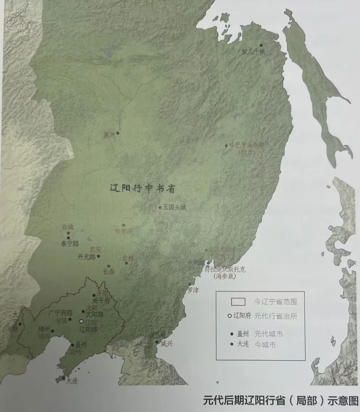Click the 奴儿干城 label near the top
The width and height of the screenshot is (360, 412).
coord(253,52)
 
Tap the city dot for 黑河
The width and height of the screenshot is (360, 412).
coord(118,133)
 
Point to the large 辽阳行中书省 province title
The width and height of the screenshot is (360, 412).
coord(142,189)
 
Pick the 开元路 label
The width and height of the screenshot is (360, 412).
coord(86,257)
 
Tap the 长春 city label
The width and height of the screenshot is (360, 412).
coord(109,271)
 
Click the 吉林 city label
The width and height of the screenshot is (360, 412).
coord(128,259)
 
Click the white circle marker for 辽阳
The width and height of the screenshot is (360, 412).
coord(81,321)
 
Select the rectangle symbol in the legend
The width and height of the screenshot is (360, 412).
coord(238,302)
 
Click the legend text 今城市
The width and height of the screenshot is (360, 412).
coord(265,345)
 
